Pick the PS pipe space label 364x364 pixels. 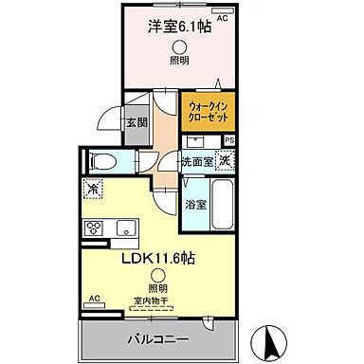click(x=227, y=141)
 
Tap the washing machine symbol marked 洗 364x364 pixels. click(x=226, y=160)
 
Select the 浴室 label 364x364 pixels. click(x=196, y=204)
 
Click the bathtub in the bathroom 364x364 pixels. click(x=223, y=204)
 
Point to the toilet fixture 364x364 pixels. click(x=106, y=162)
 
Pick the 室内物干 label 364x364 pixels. click(x=152, y=301)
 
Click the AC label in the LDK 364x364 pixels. click(x=94, y=300)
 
